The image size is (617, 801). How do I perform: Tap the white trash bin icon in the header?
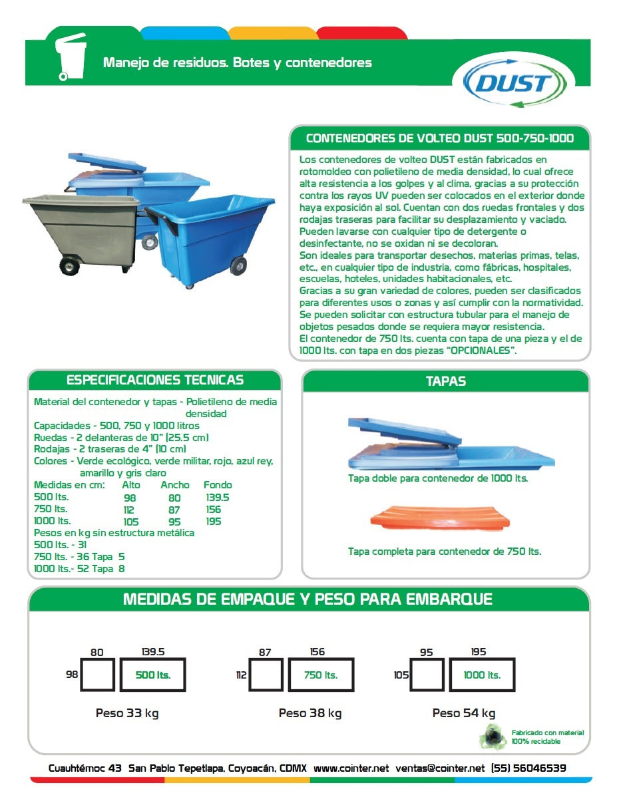tap(71, 57)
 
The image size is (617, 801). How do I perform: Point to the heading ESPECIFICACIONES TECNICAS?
tap(155, 381)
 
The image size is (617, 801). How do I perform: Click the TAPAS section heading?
tap(445, 381)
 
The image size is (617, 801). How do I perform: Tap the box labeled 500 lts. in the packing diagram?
tap(152, 675)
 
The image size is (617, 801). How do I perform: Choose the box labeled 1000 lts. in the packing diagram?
tap(482, 675)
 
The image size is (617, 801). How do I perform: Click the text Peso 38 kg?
tap(310, 713)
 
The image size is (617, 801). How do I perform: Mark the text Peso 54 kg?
tap(464, 713)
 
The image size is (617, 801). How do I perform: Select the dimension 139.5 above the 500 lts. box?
tap(153, 652)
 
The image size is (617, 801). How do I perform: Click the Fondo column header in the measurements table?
tap(218, 485)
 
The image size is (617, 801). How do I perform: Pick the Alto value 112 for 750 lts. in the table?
tap(129, 510)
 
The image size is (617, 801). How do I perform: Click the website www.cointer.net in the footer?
tap(351, 768)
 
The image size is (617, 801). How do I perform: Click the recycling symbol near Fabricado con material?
tap(493, 736)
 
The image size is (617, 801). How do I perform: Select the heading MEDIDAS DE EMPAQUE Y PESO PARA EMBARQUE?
tap(308, 599)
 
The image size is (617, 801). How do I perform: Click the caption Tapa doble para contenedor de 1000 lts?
tap(438, 478)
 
